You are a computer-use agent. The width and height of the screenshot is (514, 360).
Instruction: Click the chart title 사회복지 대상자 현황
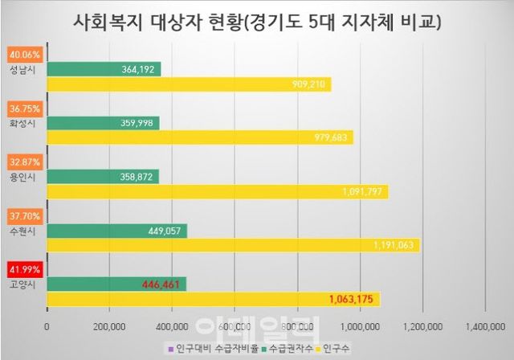[256, 20]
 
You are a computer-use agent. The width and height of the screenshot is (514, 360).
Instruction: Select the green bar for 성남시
[104, 70]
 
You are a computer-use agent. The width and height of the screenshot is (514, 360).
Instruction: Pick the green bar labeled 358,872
[104, 176]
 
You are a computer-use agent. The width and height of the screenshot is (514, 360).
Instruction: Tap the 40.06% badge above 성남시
[21, 55]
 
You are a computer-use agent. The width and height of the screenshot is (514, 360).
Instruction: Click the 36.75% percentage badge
[21, 108]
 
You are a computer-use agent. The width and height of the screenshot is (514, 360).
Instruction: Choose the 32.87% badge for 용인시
[21, 162]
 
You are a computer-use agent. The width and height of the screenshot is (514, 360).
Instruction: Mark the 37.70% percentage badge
[21, 215]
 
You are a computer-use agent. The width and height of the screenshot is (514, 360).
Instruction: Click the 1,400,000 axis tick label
[485, 326]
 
